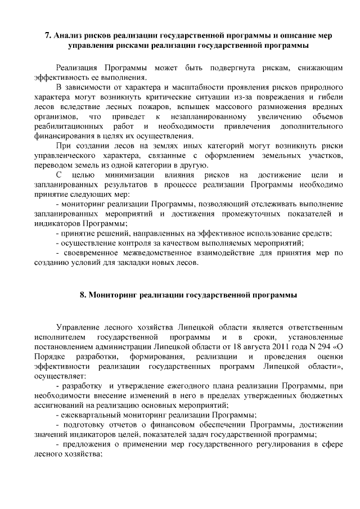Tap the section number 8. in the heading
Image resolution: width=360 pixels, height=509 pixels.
pyautogui.click(x=83, y=295)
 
